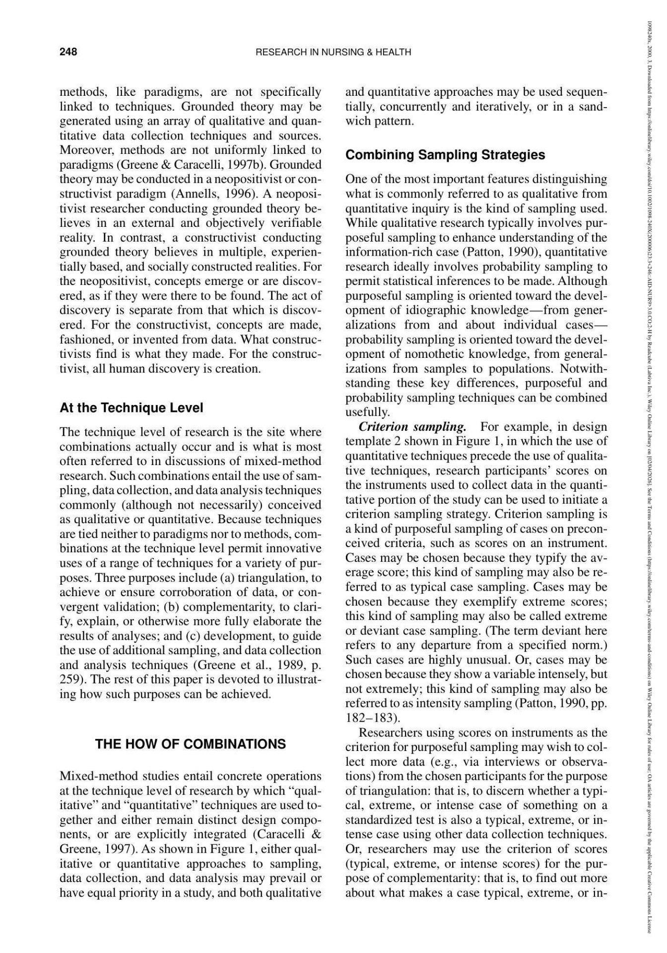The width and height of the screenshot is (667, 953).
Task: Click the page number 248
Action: tap(68, 52)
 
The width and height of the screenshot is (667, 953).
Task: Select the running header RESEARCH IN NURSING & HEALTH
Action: tap(333, 52)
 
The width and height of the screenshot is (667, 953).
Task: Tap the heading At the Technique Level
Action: tap(131, 408)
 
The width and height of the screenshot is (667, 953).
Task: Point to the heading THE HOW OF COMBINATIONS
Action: tap(190, 744)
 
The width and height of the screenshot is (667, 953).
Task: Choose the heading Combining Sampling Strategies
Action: tap(445, 155)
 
